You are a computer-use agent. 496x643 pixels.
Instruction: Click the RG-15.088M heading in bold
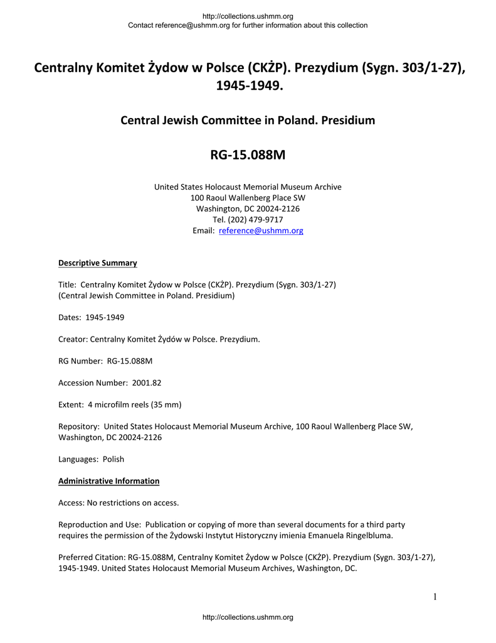pyautogui.click(x=248, y=154)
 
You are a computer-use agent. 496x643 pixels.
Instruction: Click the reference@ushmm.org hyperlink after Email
pyautogui.click(x=260, y=231)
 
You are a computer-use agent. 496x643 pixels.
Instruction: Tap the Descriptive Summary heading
pyautogui.click(x=97, y=263)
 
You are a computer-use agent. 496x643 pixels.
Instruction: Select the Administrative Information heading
pyautogui.click(x=108, y=481)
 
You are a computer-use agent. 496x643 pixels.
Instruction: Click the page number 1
pyautogui.click(x=435, y=597)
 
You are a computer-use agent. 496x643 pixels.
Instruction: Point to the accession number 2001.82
pyautogui.click(x=147, y=382)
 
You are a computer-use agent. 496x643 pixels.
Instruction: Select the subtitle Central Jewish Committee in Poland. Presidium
pyautogui.click(x=248, y=120)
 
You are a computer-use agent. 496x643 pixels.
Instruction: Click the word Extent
pyautogui.click(x=71, y=404)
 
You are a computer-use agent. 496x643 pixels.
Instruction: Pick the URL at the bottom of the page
pyautogui.click(x=248, y=618)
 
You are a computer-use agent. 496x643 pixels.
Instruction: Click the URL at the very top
pyautogui.click(x=248, y=16)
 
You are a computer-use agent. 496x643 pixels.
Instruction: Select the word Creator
pyautogui.click(x=72, y=339)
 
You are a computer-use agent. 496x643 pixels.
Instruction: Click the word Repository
pyautogui.click(x=78, y=426)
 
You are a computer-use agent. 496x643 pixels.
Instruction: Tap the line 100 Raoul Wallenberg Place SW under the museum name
pyautogui.click(x=248, y=198)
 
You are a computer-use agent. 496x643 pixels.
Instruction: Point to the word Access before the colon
pyautogui.click(x=70, y=502)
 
